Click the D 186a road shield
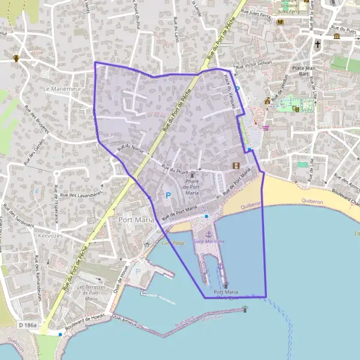(x=27, y=325)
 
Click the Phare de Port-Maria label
(x=192, y=187)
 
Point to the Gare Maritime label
(x=209, y=241)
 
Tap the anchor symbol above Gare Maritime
(x=209, y=233)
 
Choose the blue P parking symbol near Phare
(x=168, y=195)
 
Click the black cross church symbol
(x=318, y=44)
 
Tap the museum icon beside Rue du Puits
(x=337, y=37)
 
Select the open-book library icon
(x=280, y=22)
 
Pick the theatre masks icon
(x=296, y=109)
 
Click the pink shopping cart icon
(x=265, y=127)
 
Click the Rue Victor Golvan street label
(x=254, y=64)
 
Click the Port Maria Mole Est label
(x=227, y=294)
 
